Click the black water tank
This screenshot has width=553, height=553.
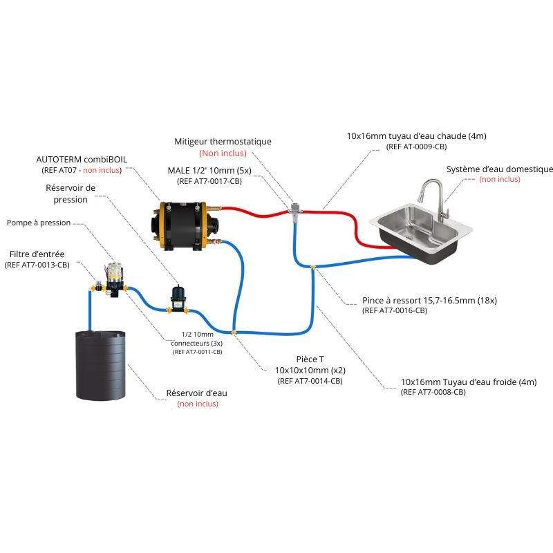point(102,366)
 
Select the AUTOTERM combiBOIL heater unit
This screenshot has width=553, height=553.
point(182,224)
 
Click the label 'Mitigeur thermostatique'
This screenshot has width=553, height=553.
point(223,141)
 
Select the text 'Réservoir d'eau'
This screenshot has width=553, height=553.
point(197,393)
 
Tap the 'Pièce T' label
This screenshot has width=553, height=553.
point(309,359)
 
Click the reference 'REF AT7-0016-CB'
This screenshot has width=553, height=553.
point(395,311)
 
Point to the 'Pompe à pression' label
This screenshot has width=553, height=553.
point(39,223)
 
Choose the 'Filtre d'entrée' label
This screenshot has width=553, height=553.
point(37,254)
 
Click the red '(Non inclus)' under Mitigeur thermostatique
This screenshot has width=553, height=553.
point(223,153)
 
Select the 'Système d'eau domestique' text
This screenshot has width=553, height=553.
point(499,169)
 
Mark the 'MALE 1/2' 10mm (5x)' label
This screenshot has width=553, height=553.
point(211,170)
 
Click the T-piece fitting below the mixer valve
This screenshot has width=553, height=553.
point(312,267)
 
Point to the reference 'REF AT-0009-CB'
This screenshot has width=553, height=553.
point(415,147)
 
